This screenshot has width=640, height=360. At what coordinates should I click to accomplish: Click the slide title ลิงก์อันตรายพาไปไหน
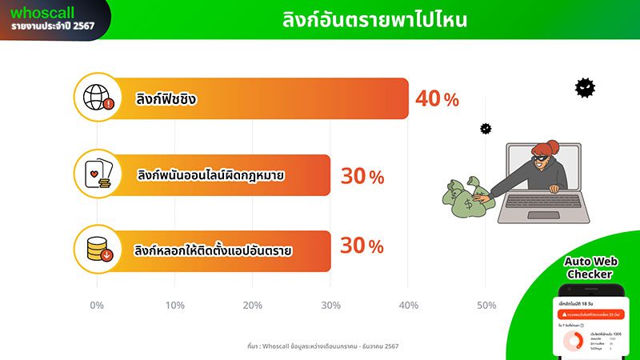click(x=375, y=20)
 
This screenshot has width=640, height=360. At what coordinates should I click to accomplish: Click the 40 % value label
click(x=437, y=99)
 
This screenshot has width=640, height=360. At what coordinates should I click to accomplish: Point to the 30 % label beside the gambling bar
click(x=362, y=176)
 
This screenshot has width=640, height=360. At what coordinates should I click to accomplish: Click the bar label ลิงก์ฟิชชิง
click(x=167, y=100)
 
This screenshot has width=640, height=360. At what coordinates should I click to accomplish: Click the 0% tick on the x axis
click(x=97, y=306)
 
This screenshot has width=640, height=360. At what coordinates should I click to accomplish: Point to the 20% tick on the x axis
click(x=252, y=306)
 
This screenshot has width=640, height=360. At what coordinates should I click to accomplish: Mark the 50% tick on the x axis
click(x=486, y=306)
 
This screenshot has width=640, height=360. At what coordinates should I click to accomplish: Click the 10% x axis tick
click(x=174, y=306)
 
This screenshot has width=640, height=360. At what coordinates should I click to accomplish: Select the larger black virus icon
click(x=586, y=87)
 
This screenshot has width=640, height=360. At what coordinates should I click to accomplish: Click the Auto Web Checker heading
click(x=588, y=267)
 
